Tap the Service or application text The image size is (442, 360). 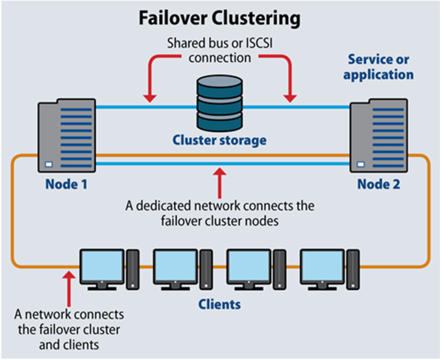click(x=381, y=67)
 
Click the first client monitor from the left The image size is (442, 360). click(x=102, y=266)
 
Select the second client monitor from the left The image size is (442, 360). click(x=175, y=266)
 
